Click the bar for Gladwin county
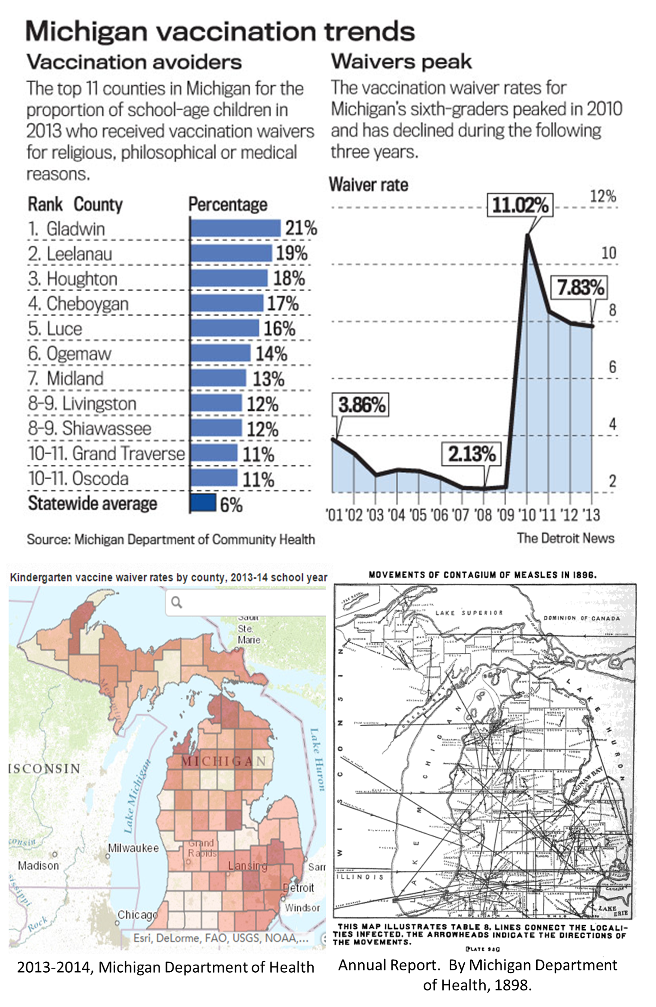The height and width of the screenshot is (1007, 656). pos(235,228)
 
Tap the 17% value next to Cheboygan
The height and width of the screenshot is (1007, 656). pos(283,304)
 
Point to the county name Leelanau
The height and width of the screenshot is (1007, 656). pos(80,254)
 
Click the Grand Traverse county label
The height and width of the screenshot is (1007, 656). pos(129,453)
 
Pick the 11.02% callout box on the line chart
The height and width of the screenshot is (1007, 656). pos(520,205)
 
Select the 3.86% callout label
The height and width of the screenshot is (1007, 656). pos(361,405)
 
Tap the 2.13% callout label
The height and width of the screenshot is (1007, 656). pos(471,454)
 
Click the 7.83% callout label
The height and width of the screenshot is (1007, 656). pos(580,287)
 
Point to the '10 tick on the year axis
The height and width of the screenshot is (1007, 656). pos(527,515)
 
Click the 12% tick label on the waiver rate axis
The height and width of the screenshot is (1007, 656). pos(603,196)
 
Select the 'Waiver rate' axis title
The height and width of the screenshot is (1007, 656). pos(369,184)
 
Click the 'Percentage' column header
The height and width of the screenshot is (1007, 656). pos(227,205)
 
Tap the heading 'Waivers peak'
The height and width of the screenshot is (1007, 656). pos(401,62)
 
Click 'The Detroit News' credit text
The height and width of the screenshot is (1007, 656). pos(565,538)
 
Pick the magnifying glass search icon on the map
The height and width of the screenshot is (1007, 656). pos(177,602)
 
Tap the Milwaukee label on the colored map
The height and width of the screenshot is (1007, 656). pos(134,848)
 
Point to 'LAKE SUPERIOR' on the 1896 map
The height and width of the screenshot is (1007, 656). pos(469,613)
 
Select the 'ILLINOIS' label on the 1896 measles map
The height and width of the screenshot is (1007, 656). pos(360,877)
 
